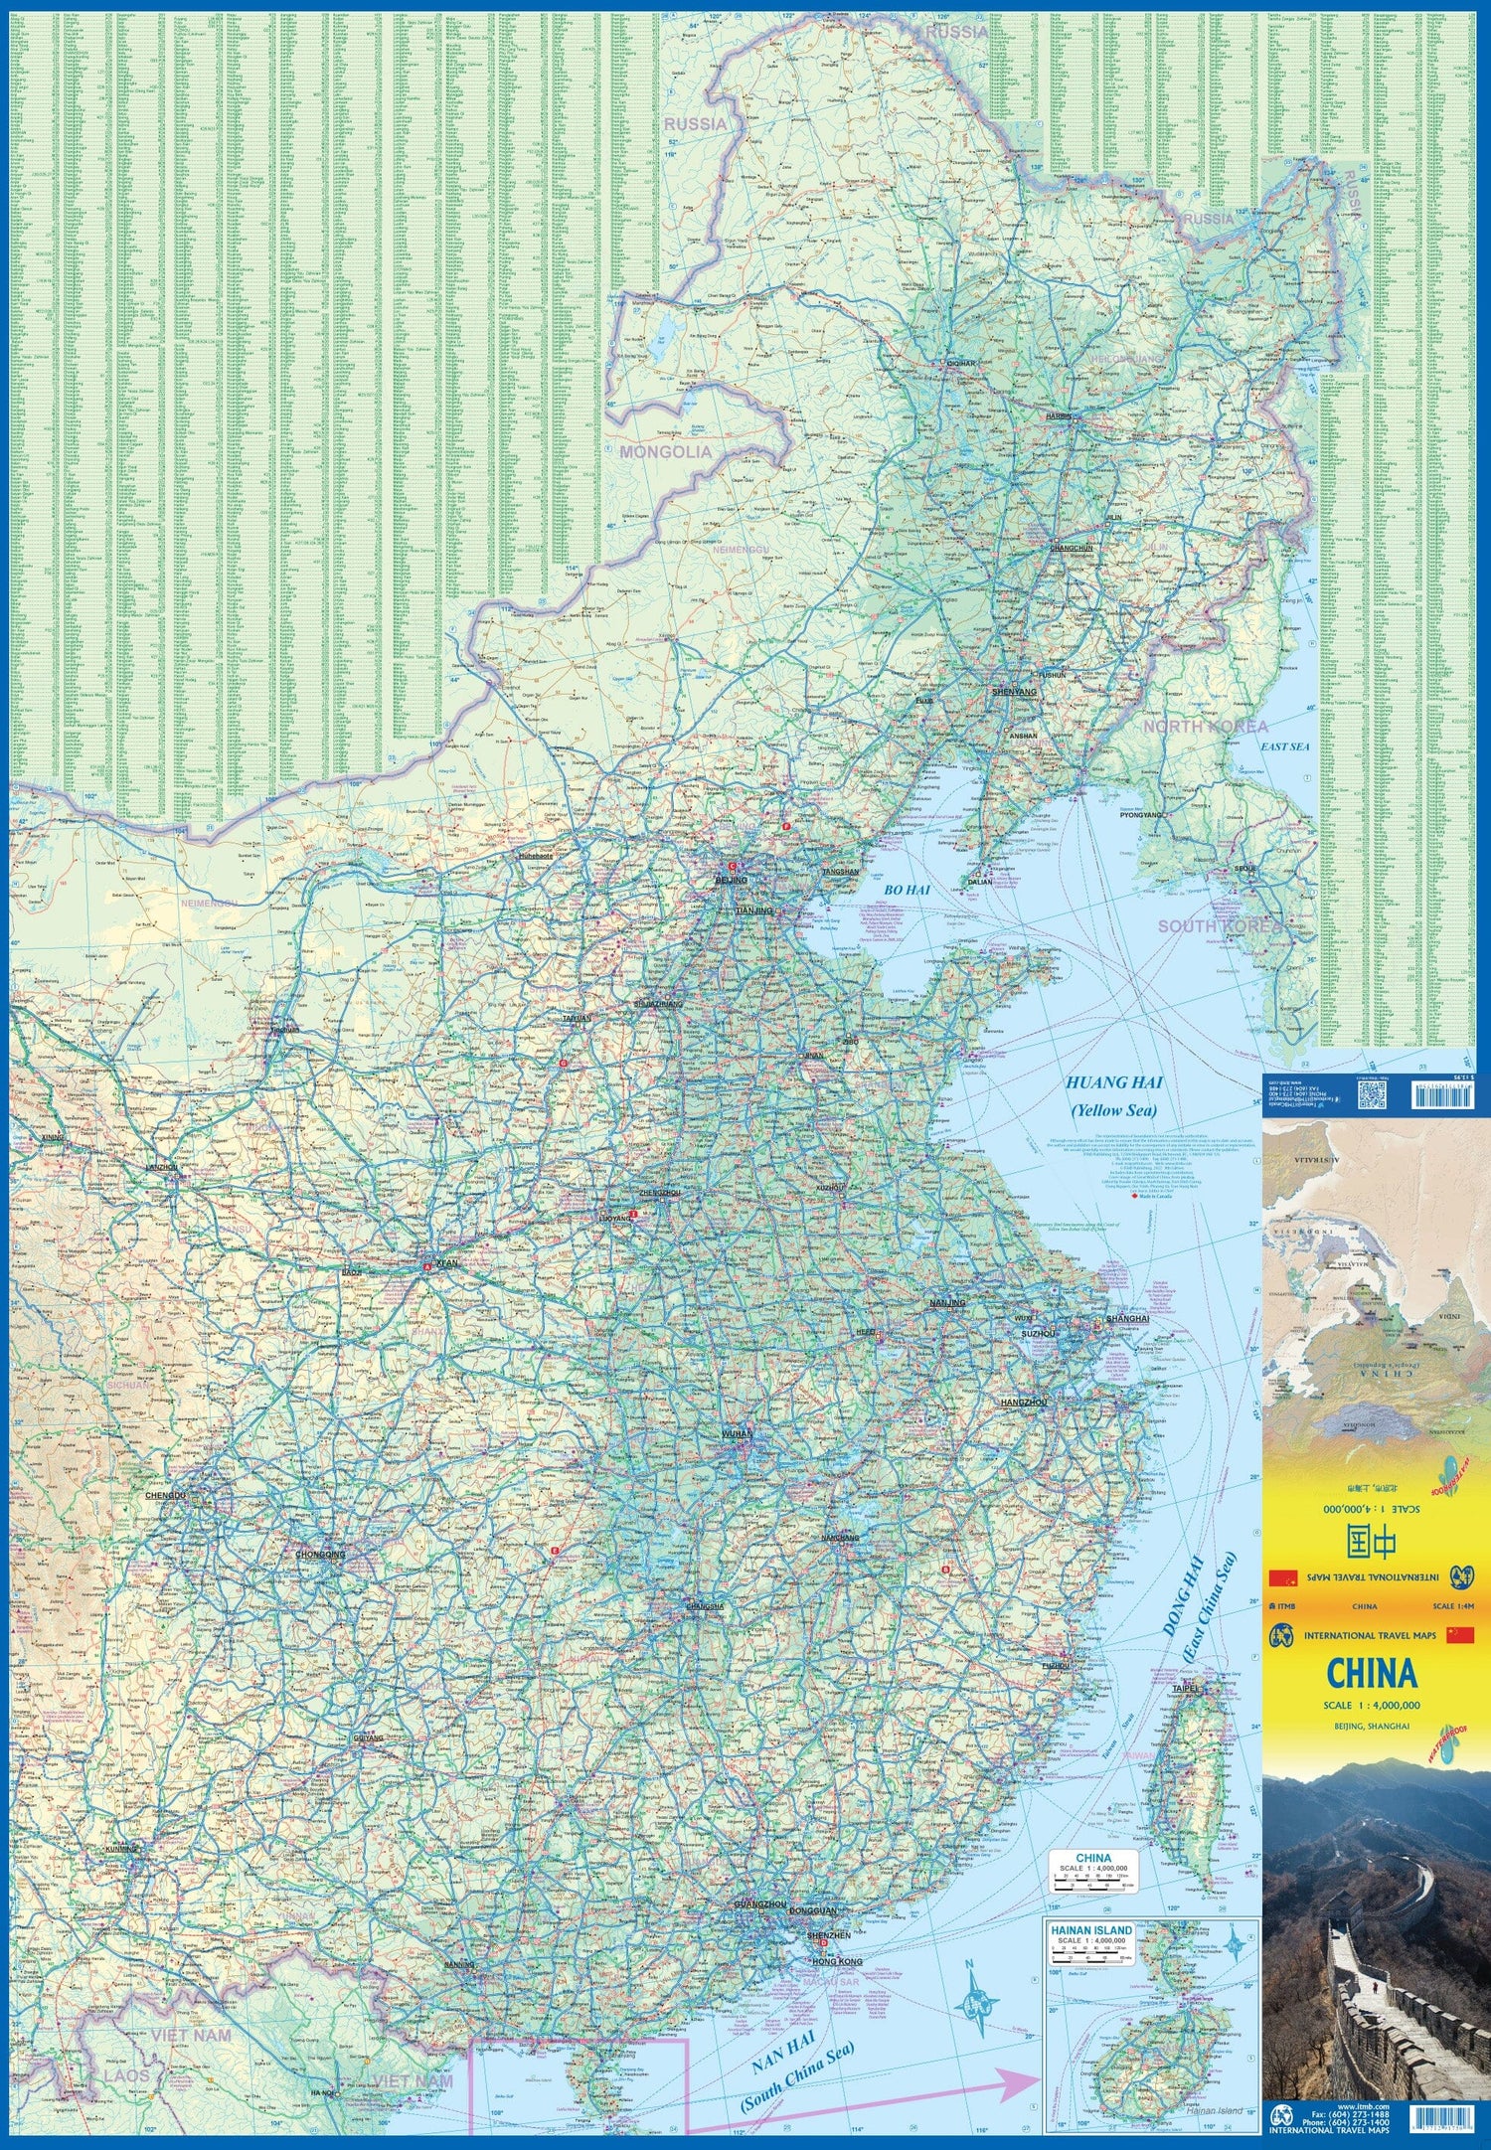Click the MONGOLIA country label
coord(665,452)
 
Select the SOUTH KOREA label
coord(1219,926)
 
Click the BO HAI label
coord(906,890)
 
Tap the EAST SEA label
coord(1285,745)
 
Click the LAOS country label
coord(126,2076)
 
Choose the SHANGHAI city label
coord(1127,1318)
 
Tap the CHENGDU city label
coord(165,1495)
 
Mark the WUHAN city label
coord(738,1434)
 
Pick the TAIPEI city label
coord(1187,1689)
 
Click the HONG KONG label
coord(837,1962)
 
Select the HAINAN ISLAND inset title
coord(1091,1930)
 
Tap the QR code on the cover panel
coord(1372,1094)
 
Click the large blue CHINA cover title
coord(1372,1674)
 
